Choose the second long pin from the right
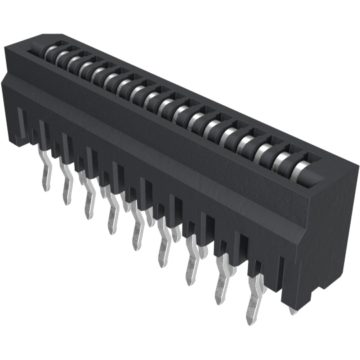tap(220, 288)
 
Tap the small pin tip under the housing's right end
tap(294, 309)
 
